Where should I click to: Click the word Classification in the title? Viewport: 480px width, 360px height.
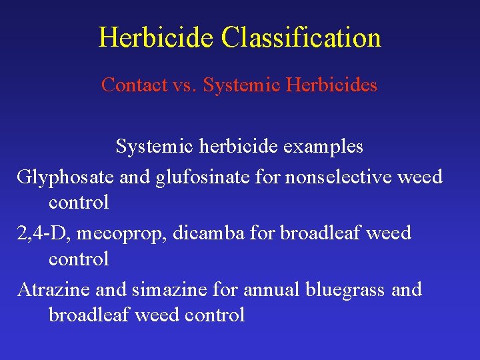301,37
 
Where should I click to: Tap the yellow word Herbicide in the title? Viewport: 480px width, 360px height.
157,37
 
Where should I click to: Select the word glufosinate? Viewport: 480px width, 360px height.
189,177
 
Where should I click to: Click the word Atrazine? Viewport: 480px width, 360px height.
53,290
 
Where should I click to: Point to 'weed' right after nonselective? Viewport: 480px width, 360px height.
419,177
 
